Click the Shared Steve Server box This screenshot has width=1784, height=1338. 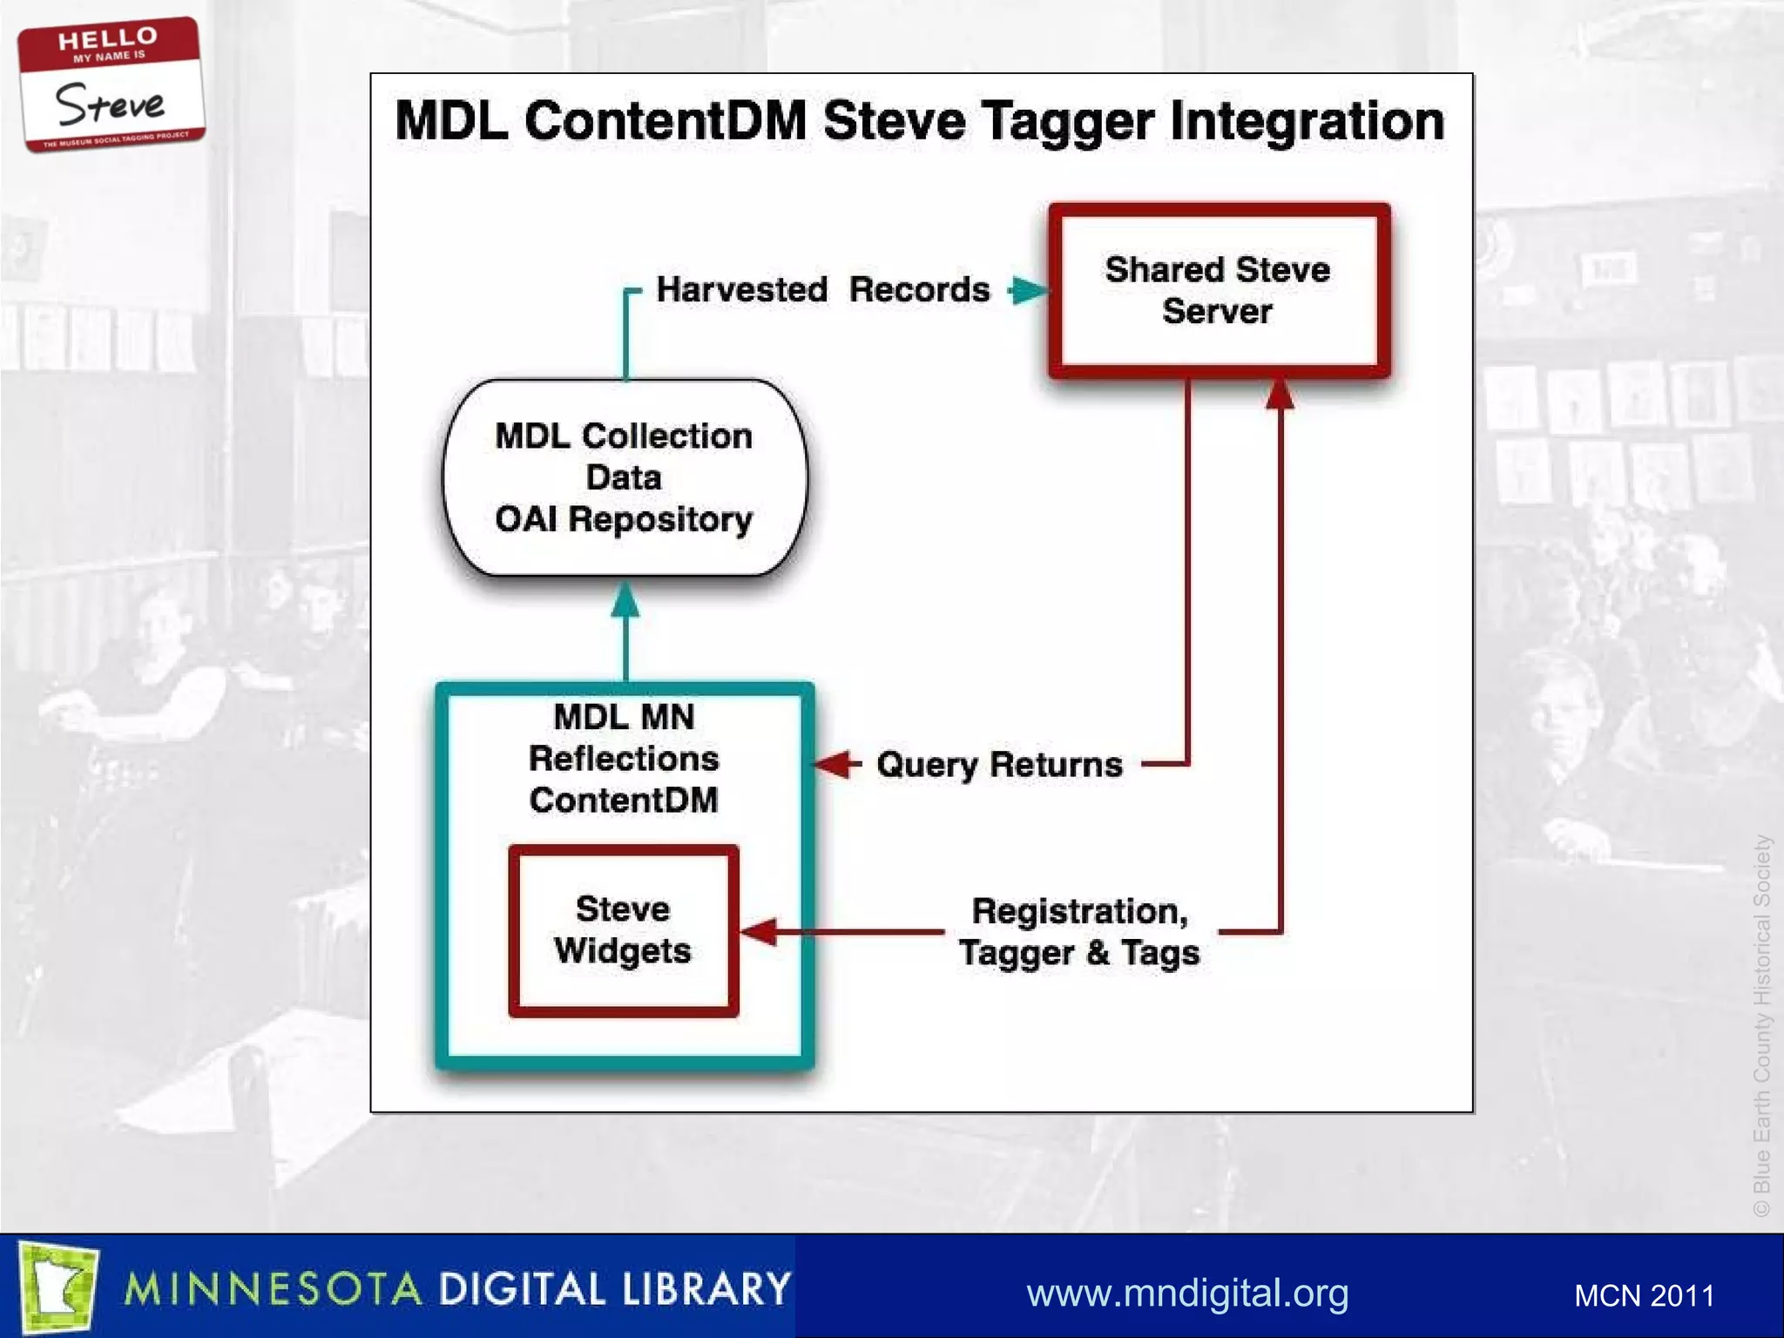pos(1218,291)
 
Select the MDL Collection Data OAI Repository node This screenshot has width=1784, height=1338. pos(625,477)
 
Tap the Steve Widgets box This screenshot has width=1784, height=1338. pos(624,930)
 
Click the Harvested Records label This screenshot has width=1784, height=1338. pos(822,289)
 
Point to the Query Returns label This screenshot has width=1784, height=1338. pos(999,765)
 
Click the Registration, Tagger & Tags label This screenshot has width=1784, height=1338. pos(1078,932)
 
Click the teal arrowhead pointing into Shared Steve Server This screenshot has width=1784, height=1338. pos(1029,290)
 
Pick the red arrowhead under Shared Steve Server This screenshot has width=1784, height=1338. pos(1279,394)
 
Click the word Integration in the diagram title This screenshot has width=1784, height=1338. pos(1307,121)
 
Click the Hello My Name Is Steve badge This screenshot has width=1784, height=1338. pos(111,84)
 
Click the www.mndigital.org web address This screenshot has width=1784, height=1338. pos(1187,1293)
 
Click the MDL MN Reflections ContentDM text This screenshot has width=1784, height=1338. pos(624,758)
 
